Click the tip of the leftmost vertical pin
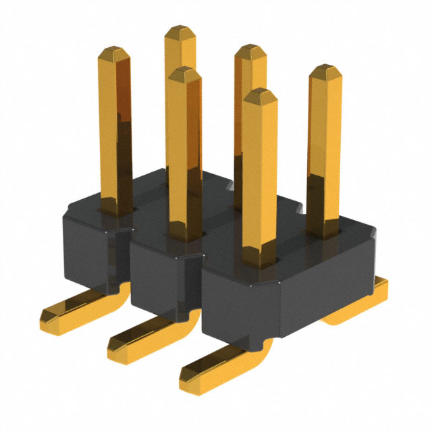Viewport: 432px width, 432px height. click(114, 52)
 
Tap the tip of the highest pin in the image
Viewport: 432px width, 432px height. click(180, 31)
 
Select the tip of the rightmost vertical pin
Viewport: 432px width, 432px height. click(325, 70)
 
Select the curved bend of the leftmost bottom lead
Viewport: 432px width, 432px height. click(120, 292)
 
